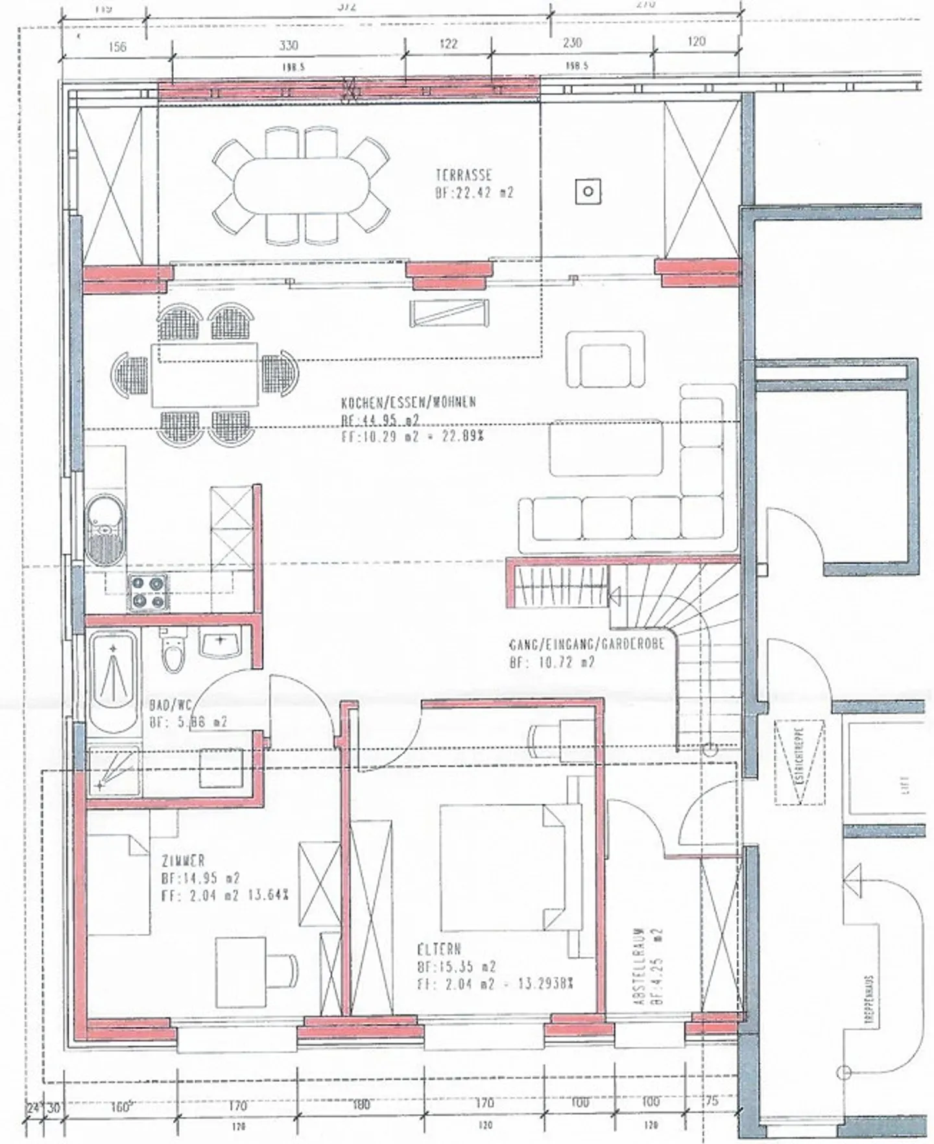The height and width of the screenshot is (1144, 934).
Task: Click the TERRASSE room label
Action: click(464, 175)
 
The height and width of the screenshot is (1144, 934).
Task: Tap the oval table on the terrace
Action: click(302, 186)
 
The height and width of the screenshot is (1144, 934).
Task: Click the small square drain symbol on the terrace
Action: click(588, 191)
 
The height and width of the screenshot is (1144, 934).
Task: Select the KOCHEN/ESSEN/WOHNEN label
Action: click(409, 402)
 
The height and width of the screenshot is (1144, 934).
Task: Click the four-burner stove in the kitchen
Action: click(148, 593)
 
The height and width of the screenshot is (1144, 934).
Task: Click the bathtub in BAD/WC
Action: click(114, 680)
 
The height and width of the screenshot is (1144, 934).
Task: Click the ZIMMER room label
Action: click(183, 861)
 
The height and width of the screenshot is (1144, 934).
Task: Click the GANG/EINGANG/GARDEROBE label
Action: click(587, 646)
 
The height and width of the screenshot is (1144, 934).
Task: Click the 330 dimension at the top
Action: click(288, 45)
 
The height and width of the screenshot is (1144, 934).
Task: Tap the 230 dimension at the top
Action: click(571, 43)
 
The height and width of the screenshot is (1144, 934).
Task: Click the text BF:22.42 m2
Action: click(474, 193)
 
